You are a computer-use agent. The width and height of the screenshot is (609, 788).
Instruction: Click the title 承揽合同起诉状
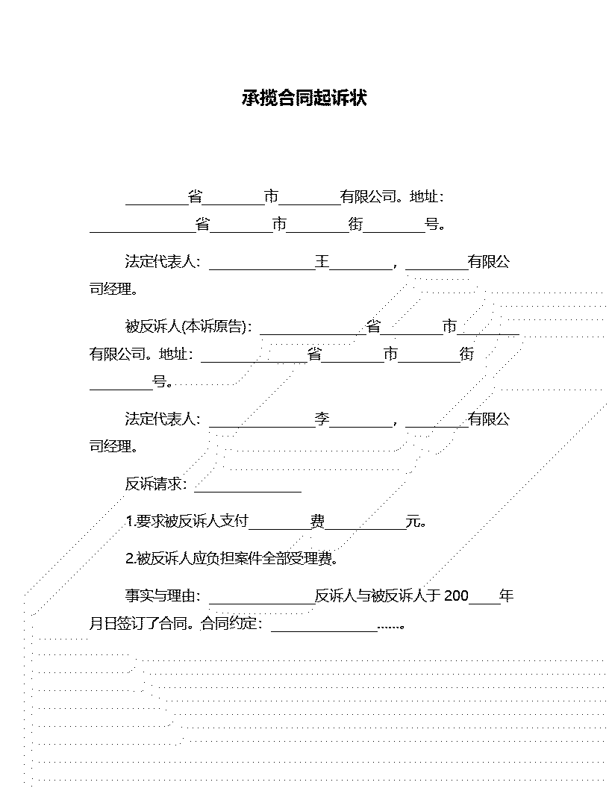(304, 98)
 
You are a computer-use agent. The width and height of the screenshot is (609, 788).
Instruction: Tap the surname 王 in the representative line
(322, 262)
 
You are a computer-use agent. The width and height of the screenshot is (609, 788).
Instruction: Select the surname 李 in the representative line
(322, 419)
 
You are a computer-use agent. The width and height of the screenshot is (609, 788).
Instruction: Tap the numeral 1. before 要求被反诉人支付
(130, 522)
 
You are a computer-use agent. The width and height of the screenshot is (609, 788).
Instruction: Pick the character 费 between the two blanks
(317, 521)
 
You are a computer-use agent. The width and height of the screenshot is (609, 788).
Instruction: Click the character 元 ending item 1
(413, 521)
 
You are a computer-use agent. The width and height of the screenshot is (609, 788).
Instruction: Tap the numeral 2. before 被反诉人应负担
(130, 559)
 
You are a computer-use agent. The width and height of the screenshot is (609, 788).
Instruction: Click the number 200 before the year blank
(456, 596)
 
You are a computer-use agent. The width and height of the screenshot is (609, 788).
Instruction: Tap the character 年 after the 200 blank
(507, 596)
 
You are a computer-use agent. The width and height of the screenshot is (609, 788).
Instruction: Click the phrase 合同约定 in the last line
(228, 624)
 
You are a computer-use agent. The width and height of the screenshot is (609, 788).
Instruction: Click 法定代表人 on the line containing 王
(159, 262)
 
